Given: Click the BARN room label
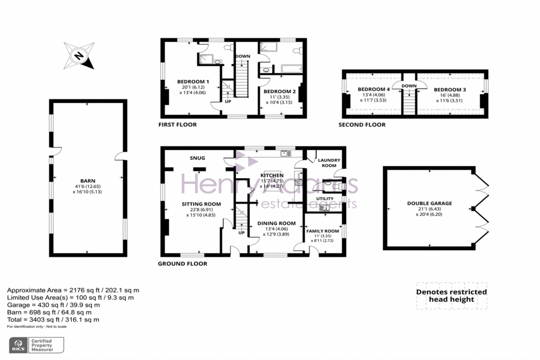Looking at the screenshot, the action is coord(88,181).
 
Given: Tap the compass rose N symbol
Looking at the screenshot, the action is coord(79,55).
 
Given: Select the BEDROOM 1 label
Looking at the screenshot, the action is coord(193,82).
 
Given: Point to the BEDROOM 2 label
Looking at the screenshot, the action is coord(279,92).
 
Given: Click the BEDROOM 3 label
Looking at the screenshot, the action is coord(450,90).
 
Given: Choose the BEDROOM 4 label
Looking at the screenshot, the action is coord(374,89).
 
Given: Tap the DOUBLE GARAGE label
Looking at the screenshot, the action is coord(429,203).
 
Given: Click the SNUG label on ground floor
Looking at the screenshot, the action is coord(197,158).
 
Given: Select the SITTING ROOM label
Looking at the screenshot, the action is coord(201,204).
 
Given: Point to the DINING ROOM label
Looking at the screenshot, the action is coord(276,223).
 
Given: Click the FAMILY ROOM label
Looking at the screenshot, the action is coord(323,231).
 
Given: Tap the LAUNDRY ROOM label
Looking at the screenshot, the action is coord(329,163).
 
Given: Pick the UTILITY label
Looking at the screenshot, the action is coord(325,199).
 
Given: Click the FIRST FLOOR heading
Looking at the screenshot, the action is coord(177,124).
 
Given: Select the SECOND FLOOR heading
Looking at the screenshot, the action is coord(362,124).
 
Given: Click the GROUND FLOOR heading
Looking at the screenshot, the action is coord(182,264).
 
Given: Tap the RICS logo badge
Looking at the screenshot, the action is coord(36,345).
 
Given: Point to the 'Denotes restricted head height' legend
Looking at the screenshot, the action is coord(451,296).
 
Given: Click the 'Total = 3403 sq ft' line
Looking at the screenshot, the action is coord(53,320).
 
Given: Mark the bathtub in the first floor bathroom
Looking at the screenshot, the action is coord(292,69).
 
